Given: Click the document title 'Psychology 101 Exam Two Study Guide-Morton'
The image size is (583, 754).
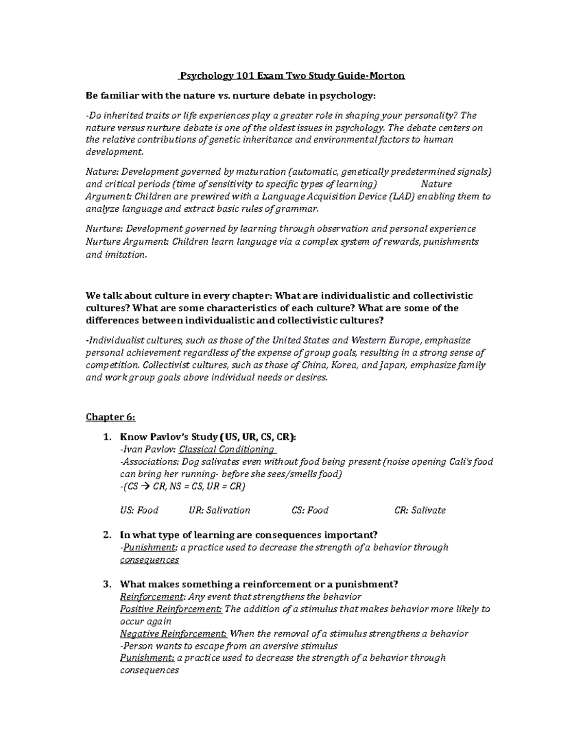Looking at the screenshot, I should tap(291, 76).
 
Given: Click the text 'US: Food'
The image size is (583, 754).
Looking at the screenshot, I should tap(139, 510).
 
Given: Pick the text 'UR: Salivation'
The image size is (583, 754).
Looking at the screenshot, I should tap(219, 510).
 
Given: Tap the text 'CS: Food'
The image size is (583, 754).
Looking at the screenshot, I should tap(310, 510).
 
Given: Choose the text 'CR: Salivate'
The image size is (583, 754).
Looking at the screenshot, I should tap(420, 510).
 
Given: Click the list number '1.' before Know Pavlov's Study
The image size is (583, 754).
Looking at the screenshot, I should tap(107, 437).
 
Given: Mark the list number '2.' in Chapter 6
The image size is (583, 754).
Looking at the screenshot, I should tap(107, 535).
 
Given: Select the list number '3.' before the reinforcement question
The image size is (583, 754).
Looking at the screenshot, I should tap(107, 584).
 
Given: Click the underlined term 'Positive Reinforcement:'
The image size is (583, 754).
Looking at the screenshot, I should tap(171, 609).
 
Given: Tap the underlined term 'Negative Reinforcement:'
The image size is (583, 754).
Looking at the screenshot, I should tap(173, 634).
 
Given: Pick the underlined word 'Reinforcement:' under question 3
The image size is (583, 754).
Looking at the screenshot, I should tap(153, 597).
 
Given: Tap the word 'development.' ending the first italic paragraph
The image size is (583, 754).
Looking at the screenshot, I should tap(115, 152).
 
